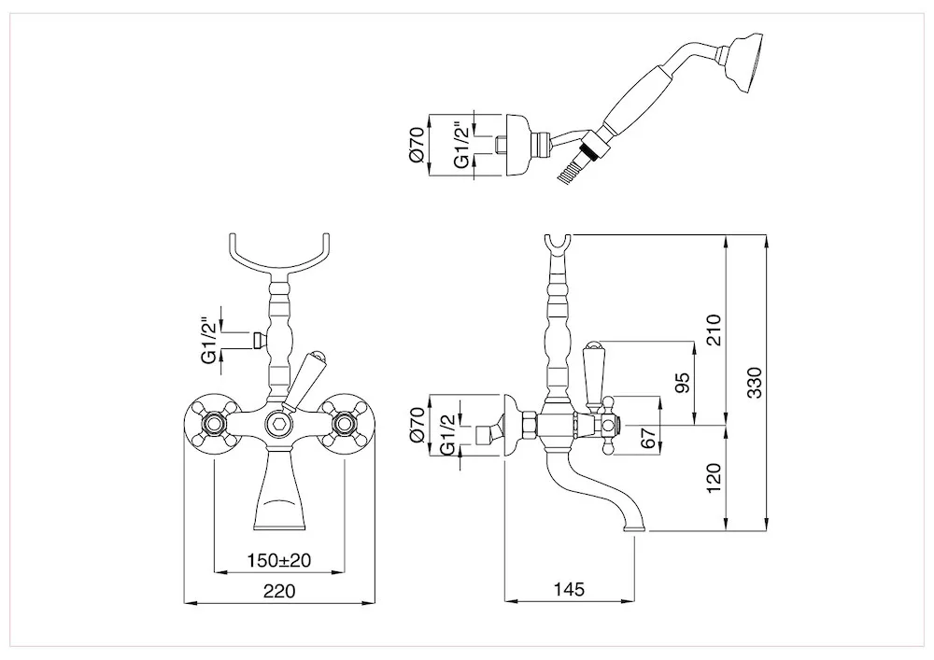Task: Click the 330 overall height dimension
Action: click(x=754, y=383)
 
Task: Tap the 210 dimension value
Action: click(x=713, y=330)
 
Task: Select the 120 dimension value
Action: click(x=713, y=477)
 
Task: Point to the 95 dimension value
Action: click(x=684, y=383)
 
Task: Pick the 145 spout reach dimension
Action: click(x=569, y=589)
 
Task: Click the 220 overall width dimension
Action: click(x=279, y=590)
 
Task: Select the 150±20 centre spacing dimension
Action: click(x=279, y=560)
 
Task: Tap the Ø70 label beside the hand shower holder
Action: click(x=417, y=146)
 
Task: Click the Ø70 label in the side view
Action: click(x=417, y=424)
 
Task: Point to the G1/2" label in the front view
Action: click(x=209, y=341)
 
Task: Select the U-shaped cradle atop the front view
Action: click(x=279, y=256)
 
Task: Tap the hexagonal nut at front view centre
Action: click(x=279, y=425)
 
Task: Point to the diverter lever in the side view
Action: click(x=593, y=376)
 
